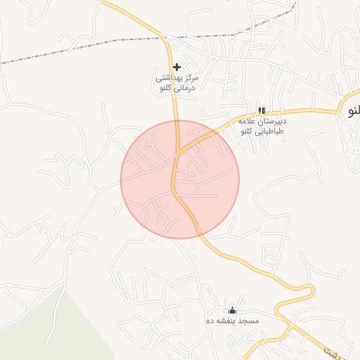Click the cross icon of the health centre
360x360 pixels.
176,67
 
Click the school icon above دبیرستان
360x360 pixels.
262,110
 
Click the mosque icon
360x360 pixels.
233,310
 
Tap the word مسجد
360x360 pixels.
249,321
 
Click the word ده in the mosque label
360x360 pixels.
209,321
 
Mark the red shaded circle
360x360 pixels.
211,204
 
